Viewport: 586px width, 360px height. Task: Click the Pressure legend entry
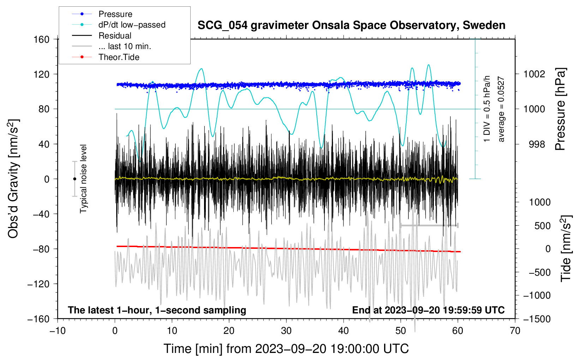(115, 14)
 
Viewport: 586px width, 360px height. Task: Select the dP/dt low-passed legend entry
(132, 25)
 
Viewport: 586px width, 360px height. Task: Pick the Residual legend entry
(115, 36)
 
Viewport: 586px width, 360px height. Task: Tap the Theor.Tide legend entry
(119, 57)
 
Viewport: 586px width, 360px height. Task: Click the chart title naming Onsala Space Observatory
(351, 25)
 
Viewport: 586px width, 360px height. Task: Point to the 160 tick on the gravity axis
(42, 39)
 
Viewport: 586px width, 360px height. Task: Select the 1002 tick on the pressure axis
(534, 74)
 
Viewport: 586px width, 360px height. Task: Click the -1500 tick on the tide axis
(537, 319)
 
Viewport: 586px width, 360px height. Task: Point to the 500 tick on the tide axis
(542, 226)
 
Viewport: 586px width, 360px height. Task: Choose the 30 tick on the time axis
(286, 331)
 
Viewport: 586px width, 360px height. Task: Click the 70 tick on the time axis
(515, 331)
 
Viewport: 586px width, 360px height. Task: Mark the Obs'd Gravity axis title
(13, 179)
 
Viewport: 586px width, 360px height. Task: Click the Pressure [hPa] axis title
(560, 109)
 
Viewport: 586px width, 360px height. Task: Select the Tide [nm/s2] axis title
(566, 248)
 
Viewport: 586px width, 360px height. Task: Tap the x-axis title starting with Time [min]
(286, 349)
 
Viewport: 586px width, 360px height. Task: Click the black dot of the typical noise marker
(74, 179)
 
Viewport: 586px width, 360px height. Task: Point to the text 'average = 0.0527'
(501, 109)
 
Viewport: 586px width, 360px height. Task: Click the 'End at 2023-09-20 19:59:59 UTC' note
(428, 310)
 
